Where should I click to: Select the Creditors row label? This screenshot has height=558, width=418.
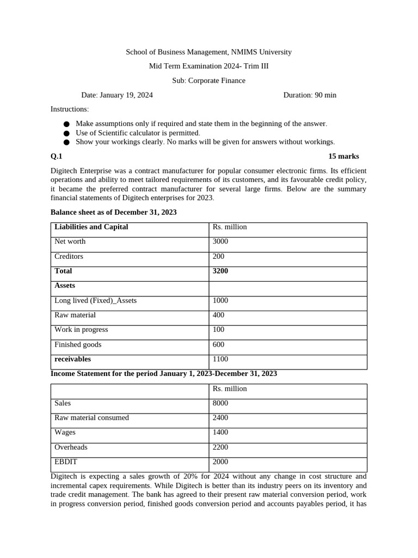(69, 256)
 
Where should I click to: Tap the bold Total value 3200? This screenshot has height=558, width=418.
(220, 271)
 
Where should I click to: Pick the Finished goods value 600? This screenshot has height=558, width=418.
(218, 344)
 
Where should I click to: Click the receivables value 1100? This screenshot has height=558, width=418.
(220, 359)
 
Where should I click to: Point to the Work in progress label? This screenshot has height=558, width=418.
(81, 330)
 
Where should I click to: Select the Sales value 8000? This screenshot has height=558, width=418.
(220, 403)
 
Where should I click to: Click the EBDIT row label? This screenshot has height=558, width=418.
(66, 462)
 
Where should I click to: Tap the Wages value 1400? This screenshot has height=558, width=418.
(220, 432)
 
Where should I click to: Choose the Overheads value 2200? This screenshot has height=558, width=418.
(220, 447)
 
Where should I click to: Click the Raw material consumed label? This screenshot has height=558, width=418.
(91, 418)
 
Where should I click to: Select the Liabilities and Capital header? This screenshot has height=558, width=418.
(91, 227)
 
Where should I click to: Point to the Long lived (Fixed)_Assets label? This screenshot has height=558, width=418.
(95, 300)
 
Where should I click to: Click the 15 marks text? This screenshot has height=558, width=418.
(343, 156)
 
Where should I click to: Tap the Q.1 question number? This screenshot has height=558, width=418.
(57, 156)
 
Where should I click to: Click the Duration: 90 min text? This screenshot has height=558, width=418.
(310, 95)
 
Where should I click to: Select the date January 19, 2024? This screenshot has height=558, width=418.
(126, 95)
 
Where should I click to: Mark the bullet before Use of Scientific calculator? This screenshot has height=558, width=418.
(66, 133)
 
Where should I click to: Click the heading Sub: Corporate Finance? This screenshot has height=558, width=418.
(208, 81)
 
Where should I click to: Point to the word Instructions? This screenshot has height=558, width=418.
(70, 110)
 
